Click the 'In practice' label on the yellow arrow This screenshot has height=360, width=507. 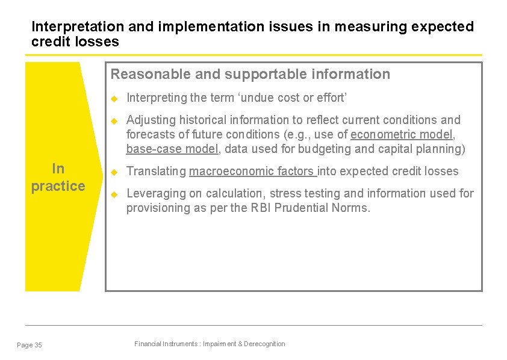58,177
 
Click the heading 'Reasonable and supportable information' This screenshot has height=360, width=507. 250,74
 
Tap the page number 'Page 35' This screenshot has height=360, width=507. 30,345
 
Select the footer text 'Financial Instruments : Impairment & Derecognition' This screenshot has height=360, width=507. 210,344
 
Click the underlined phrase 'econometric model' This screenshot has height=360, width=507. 402,134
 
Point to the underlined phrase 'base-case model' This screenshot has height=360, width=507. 172,149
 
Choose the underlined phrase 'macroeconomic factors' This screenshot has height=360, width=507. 252,171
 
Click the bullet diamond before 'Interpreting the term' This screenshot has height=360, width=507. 113,98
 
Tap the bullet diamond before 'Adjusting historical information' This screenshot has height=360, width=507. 113,120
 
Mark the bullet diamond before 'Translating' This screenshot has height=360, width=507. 113,172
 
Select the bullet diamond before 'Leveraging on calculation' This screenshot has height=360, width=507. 113,194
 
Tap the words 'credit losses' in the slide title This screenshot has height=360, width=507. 75,42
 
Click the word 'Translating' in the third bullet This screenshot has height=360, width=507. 157,171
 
